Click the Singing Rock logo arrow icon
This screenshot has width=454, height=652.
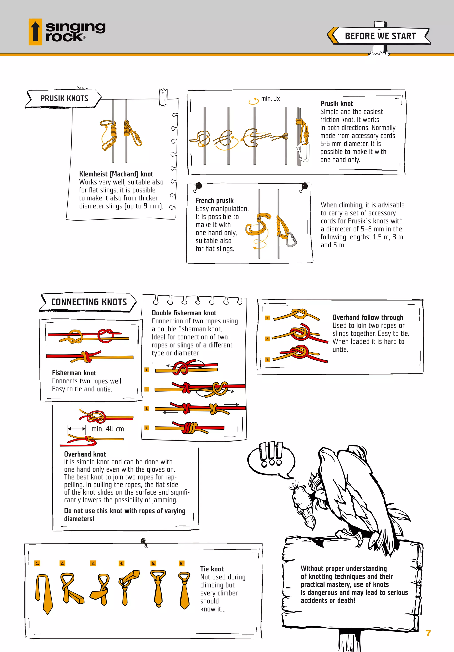[x=35, y=32]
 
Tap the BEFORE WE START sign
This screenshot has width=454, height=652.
[x=380, y=36]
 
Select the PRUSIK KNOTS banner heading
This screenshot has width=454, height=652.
[x=64, y=98]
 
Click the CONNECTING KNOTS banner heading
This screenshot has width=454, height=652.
[x=89, y=302]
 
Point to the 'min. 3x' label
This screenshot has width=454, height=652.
[x=270, y=99]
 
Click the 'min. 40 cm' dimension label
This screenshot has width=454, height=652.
[x=108, y=429]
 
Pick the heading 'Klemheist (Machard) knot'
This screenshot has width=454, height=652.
[x=116, y=174]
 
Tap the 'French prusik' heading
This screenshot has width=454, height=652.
[x=214, y=200]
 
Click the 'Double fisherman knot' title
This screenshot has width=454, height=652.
[x=184, y=313]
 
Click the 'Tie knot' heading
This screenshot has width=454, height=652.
[x=212, y=569]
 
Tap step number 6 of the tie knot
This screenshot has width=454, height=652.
[x=182, y=563]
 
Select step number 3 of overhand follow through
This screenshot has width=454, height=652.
[x=267, y=359]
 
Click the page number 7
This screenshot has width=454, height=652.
[x=428, y=633]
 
